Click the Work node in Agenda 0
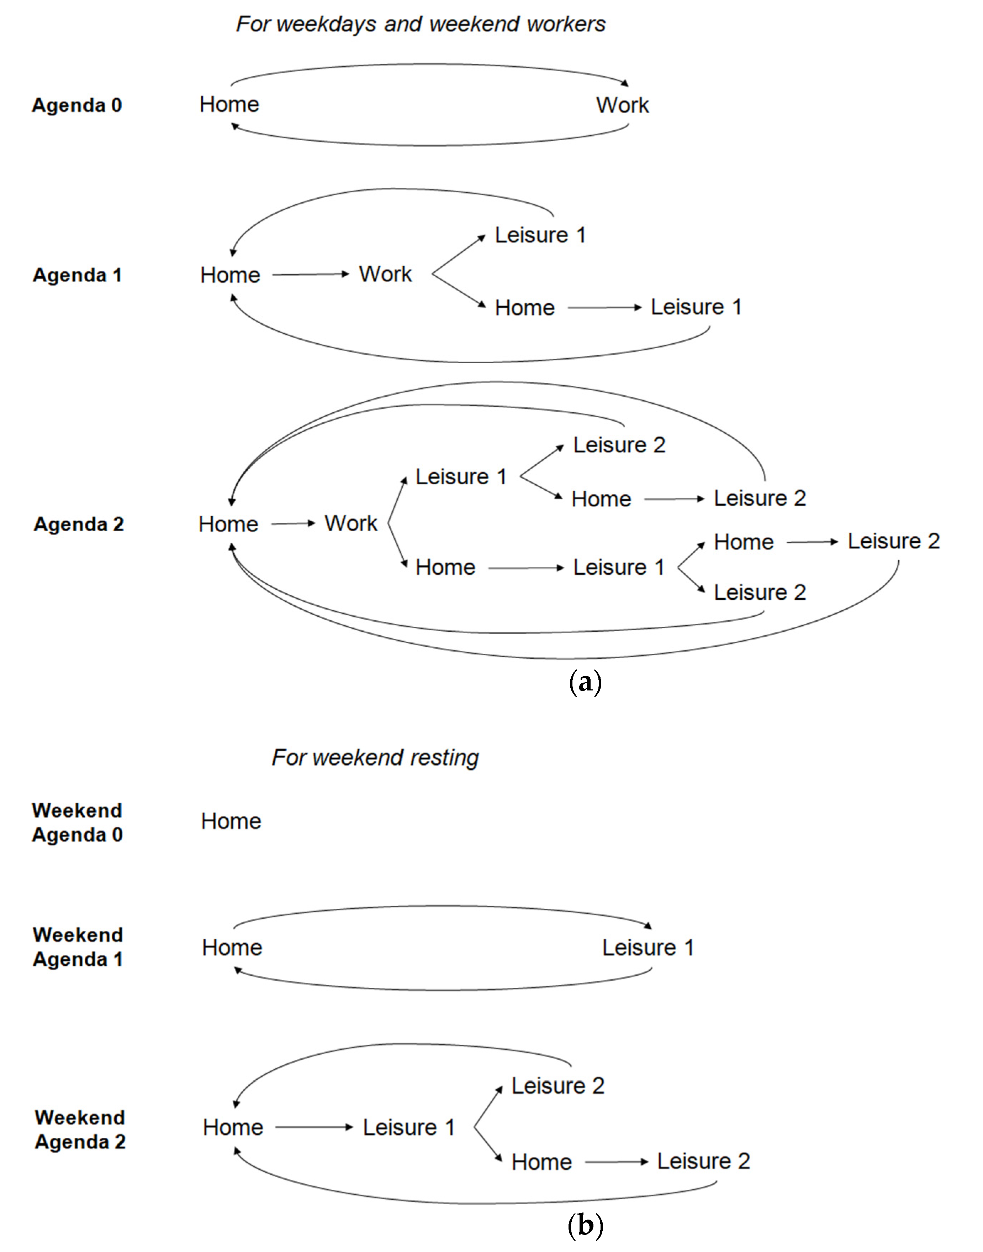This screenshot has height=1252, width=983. (x=622, y=105)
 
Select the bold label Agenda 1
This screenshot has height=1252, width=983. (x=77, y=275)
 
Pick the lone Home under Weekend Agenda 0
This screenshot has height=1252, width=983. (x=231, y=821)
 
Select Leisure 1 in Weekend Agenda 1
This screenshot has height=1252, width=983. (x=648, y=947)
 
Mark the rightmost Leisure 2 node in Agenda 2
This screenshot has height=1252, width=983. (x=893, y=541)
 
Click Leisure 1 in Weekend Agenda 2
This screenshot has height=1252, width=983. (x=409, y=1127)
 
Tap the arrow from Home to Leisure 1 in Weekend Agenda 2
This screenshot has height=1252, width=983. (x=314, y=1127)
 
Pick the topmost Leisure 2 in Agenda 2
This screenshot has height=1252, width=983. (x=619, y=445)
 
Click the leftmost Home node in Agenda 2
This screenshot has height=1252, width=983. (x=228, y=525)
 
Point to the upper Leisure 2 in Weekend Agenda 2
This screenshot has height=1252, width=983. (x=558, y=1086)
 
